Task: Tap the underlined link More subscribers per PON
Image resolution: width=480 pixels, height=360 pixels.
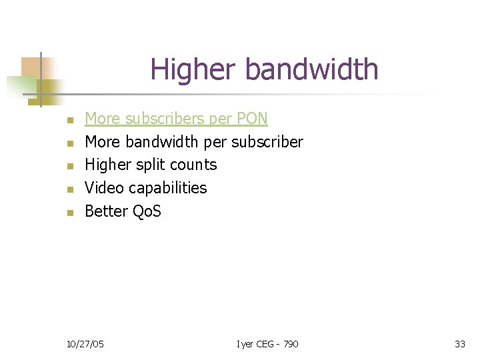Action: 176,119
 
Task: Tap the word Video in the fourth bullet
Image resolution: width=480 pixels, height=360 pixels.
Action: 103,188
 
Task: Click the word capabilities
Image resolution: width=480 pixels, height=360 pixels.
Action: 167,189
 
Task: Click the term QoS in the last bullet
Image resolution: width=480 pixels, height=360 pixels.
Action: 147,211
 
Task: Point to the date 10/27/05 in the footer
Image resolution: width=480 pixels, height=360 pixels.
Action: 85,344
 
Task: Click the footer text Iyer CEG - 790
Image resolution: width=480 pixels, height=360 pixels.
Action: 267,344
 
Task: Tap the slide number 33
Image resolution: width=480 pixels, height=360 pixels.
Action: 459,344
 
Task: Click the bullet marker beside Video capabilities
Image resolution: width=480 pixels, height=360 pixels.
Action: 69,189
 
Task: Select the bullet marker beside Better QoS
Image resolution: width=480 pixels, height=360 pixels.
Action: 69,213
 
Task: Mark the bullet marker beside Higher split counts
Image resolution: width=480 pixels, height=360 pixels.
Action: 69,166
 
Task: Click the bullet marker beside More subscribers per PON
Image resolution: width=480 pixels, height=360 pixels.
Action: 69,120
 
